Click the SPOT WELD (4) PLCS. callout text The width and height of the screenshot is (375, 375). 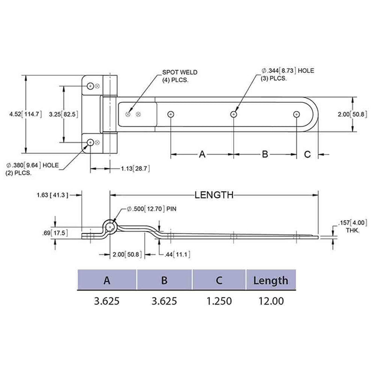point(180,75)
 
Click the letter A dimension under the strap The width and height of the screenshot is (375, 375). point(202,154)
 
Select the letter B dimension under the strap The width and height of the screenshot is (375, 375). point(265,154)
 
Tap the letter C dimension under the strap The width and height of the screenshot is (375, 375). point(307,154)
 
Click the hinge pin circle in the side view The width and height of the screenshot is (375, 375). point(110,226)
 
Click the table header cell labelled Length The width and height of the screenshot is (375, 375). point(270,280)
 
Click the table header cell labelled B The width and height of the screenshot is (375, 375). point(164,280)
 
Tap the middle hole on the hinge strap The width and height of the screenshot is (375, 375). point(233,114)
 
